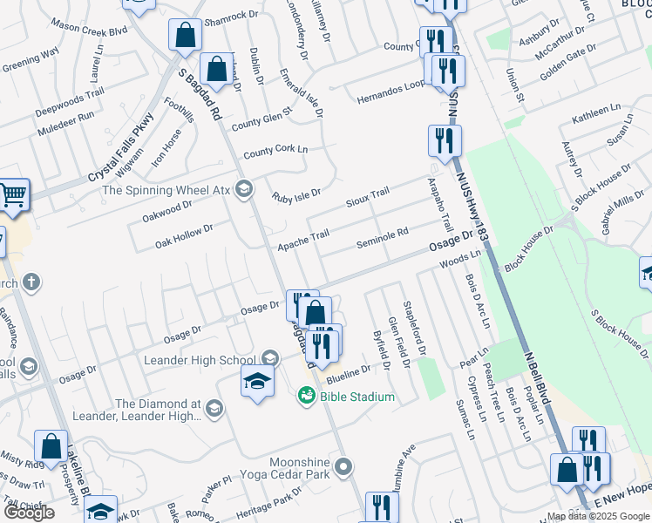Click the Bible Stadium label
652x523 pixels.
tap(357, 397)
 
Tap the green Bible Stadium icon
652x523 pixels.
tap(306, 397)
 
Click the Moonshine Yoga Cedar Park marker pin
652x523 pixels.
tap(345, 467)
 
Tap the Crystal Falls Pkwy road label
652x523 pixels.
tap(121, 148)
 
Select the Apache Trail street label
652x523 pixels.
tap(303, 235)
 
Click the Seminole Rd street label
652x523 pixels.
tap(383, 238)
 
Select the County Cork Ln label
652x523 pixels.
tap(275, 153)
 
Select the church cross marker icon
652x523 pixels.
tap(31, 282)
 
